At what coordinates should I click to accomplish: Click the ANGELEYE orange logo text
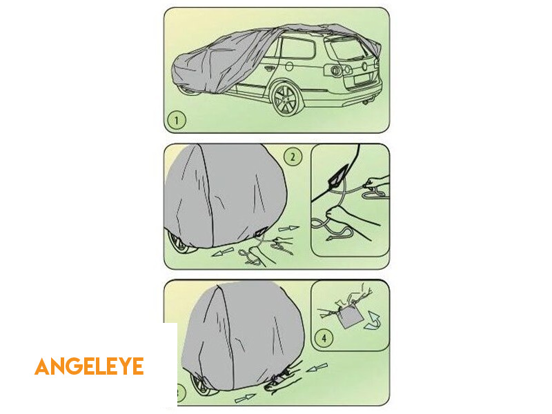89,366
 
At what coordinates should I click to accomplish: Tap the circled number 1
177,120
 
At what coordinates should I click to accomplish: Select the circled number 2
293,157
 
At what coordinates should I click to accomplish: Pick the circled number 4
324,339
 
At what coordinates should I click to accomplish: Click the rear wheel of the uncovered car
286,99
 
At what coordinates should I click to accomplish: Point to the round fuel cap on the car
289,66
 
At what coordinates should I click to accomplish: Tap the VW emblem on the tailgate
364,66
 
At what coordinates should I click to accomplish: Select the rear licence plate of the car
362,79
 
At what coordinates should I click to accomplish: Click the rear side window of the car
297,48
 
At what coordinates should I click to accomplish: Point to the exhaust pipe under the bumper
366,102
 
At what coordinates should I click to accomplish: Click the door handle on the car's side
269,68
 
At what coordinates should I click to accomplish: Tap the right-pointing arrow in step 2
288,228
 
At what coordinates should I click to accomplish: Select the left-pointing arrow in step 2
222,252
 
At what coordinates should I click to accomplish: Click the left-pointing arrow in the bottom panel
317,368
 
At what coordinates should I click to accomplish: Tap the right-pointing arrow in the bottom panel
245,399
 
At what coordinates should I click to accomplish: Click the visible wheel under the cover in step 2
180,243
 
